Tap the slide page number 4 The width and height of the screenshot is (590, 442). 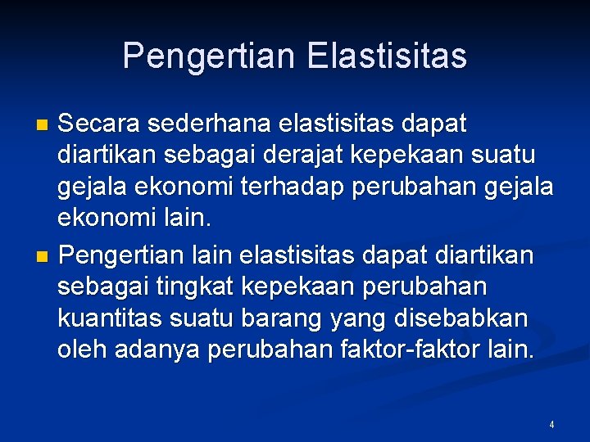551,425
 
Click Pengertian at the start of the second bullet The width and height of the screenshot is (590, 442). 120,256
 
